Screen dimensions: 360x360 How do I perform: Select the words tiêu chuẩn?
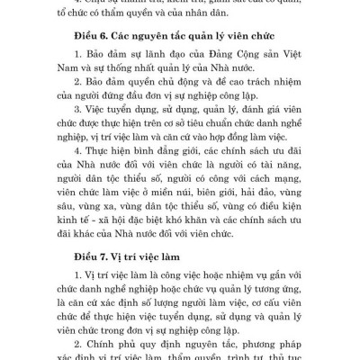point(228,153)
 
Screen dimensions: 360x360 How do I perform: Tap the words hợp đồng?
point(249,169)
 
